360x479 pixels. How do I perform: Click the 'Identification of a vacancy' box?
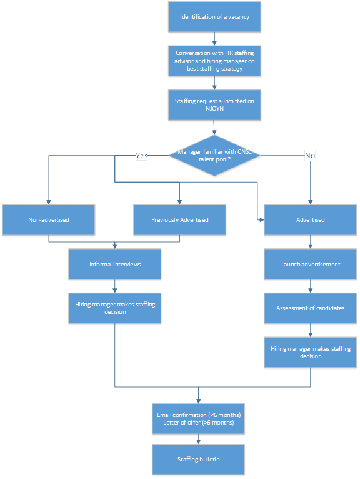point(214,17)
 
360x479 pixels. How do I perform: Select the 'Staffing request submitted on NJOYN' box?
point(214,105)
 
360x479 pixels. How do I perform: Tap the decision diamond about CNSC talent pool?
point(214,156)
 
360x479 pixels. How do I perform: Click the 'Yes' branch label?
point(142,156)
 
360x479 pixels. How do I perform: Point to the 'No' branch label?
point(310,156)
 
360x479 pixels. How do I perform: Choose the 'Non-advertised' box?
point(49,220)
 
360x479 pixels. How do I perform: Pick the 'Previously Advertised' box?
point(179,220)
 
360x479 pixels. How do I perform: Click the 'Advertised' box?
point(310,220)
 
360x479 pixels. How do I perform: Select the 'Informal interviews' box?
point(115,264)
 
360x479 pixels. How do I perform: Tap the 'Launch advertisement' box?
point(310,264)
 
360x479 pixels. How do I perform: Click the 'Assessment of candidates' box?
point(310,308)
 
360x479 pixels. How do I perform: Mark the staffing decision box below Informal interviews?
point(115,308)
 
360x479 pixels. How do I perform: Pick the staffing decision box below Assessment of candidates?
point(310,352)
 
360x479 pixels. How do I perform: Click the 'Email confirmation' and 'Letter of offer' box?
point(199,419)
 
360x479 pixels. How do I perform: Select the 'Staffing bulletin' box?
point(199,460)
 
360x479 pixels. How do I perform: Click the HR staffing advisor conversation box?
point(214,61)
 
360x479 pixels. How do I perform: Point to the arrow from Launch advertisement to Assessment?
point(310,286)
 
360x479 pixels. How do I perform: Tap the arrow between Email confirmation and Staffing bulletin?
point(199,439)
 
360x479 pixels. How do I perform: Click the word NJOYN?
point(214,109)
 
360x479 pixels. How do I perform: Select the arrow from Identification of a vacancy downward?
point(214,39)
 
